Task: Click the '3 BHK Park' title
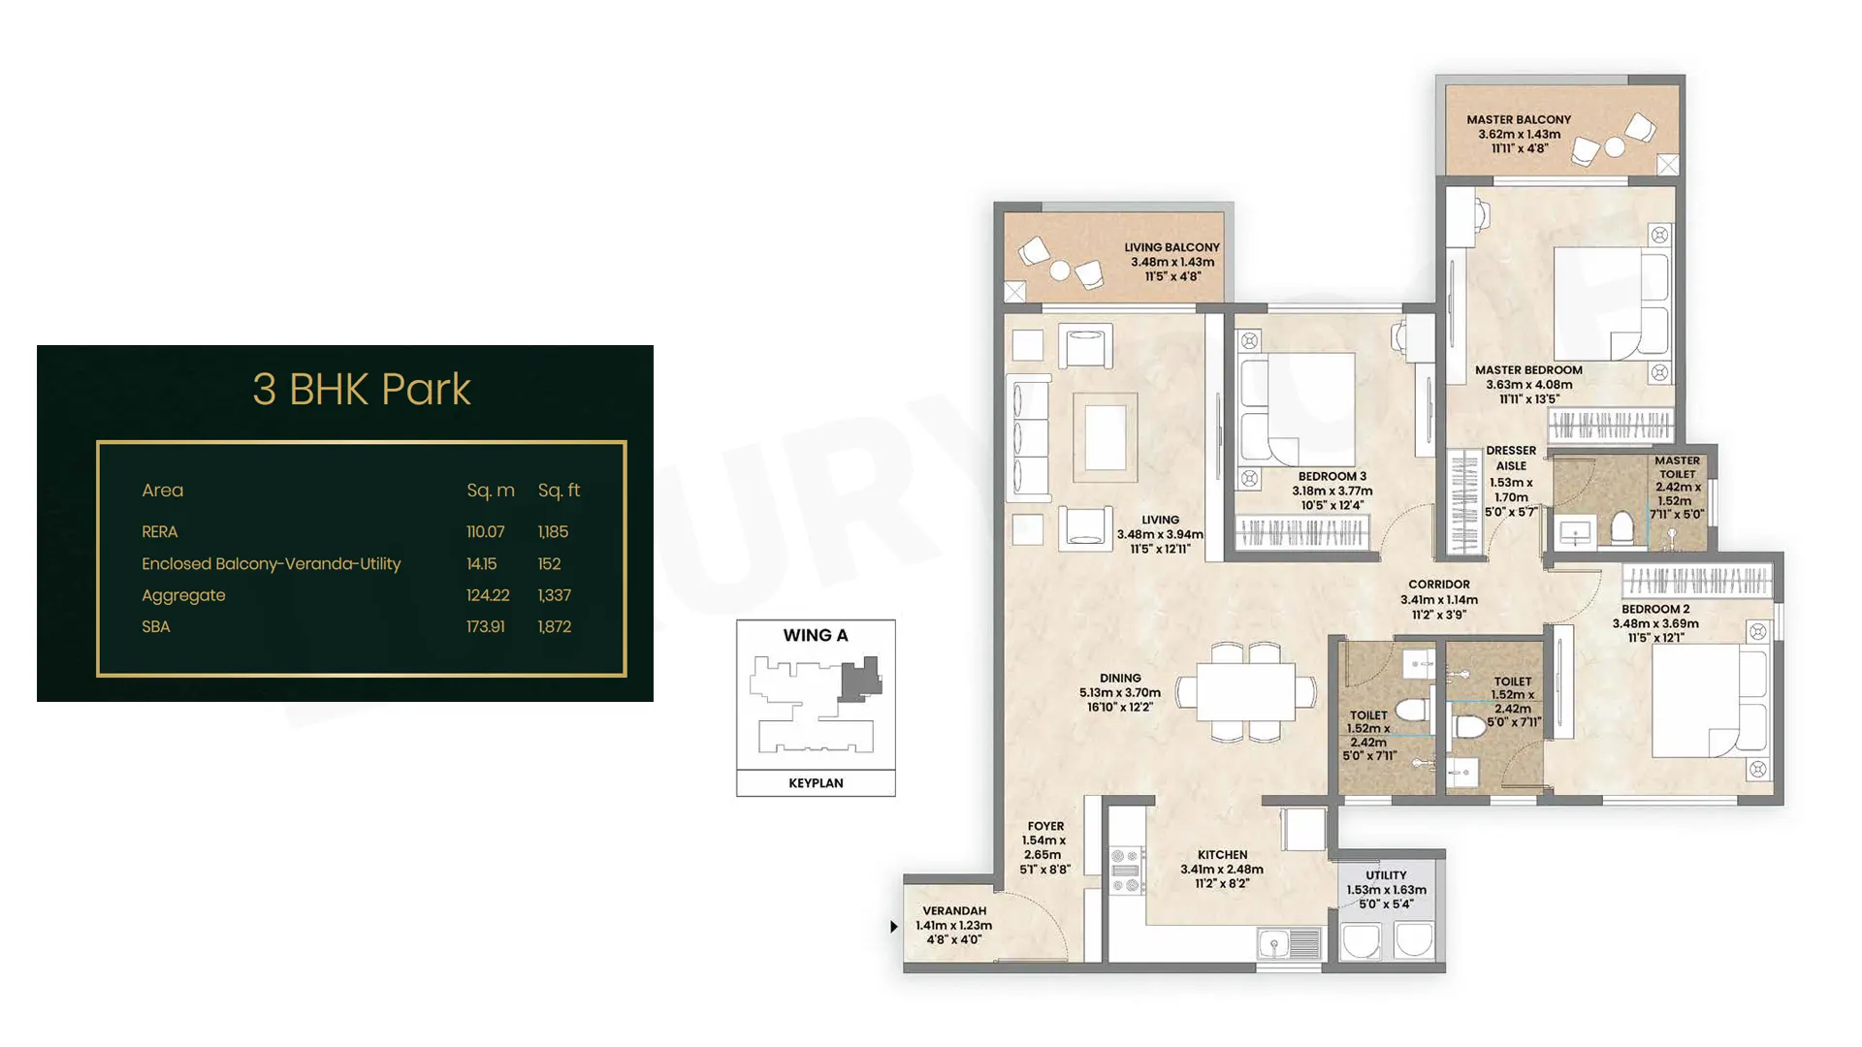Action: click(x=362, y=390)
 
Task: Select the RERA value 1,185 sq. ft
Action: click(x=554, y=532)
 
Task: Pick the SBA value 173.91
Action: click(x=486, y=627)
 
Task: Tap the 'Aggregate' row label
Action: click(x=183, y=596)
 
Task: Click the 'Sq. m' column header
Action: click(x=491, y=491)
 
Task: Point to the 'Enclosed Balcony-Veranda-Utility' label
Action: click(x=272, y=564)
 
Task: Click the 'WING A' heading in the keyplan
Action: click(x=816, y=636)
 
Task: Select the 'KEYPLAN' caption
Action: click(x=816, y=783)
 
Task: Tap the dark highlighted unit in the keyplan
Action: click(x=860, y=679)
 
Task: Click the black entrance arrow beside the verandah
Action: click(x=894, y=927)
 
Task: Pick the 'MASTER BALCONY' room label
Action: click(x=1519, y=120)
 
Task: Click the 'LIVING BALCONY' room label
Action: click(x=1172, y=248)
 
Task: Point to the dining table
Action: click(x=1246, y=691)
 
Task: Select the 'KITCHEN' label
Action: click(x=1223, y=855)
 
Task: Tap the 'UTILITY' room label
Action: click(x=1387, y=875)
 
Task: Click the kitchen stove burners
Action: click(x=1125, y=871)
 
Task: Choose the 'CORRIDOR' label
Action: click(x=1439, y=585)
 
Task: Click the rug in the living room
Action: click(x=1106, y=437)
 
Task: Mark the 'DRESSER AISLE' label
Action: click(x=1511, y=459)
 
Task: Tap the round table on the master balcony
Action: click(x=1615, y=147)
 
